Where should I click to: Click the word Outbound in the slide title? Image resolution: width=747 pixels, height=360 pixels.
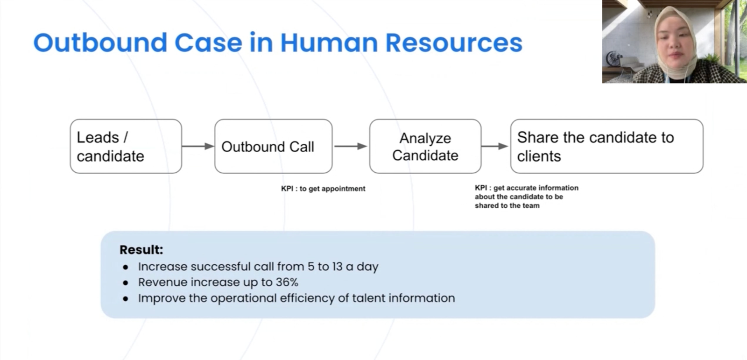pyautogui.click(x=100, y=43)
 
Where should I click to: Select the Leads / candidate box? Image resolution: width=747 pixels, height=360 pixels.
pyautogui.click(x=126, y=146)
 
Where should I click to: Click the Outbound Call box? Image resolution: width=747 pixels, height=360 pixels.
pyautogui.click(x=273, y=146)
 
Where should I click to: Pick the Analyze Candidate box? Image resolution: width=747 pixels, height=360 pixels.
pyautogui.click(x=425, y=146)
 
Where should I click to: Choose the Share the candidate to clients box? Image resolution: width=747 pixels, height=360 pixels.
pyautogui.click(x=606, y=146)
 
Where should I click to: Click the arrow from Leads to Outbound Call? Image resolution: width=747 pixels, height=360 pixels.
pyautogui.click(x=198, y=146)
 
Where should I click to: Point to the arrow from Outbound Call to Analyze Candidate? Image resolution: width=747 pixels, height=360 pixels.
pyautogui.click(x=351, y=146)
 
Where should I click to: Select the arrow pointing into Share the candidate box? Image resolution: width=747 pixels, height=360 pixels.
pyautogui.click(x=495, y=146)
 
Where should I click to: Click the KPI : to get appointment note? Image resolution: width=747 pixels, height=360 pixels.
pyautogui.click(x=323, y=189)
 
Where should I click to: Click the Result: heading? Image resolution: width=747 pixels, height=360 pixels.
pyautogui.click(x=141, y=250)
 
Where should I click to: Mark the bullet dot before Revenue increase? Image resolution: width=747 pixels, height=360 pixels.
pyautogui.click(x=126, y=283)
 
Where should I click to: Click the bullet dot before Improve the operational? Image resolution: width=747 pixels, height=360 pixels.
pyautogui.click(x=126, y=299)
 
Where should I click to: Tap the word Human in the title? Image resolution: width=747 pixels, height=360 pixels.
pyautogui.click(x=329, y=43)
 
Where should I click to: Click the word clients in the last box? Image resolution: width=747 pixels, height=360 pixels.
pyautogui.click(x=539, y=156)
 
